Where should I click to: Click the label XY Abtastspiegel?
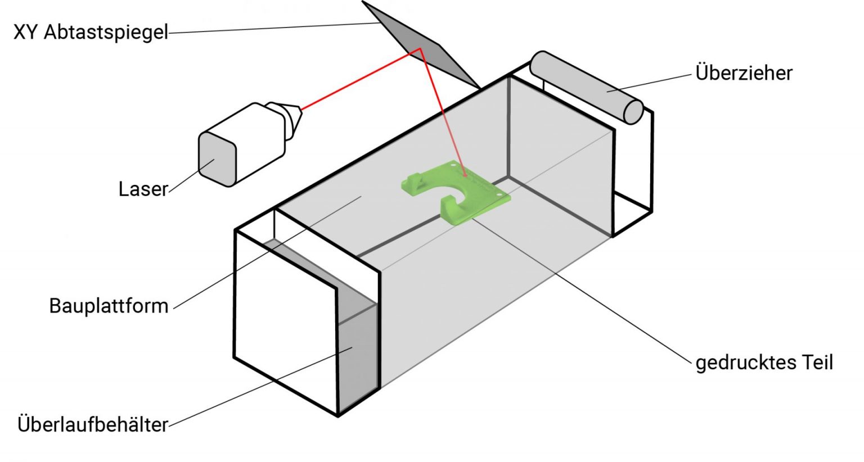pos(91,33)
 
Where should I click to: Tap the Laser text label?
pos(143,189)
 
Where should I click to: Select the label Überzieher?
pos(744,73)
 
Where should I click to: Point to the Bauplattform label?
pos(109,306)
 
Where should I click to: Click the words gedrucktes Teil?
pos(764,363)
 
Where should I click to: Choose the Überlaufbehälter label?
pos(93,424)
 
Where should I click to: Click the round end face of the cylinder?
pos(633,111)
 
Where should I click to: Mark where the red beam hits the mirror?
pos(420,49)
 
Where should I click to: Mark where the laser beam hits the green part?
pos(465,174)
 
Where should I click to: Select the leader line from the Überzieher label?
pos(652,82)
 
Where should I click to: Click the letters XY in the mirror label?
pos(26,33)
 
